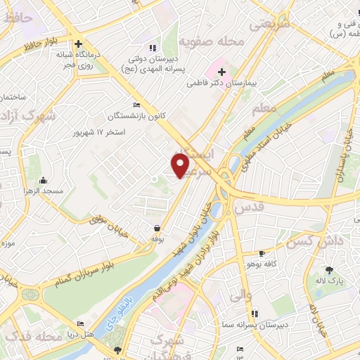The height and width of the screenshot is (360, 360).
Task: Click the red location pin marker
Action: click(181, 165)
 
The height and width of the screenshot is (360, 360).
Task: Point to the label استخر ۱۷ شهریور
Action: click(101, 131)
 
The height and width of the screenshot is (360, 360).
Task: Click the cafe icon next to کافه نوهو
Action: click(262, 253)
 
